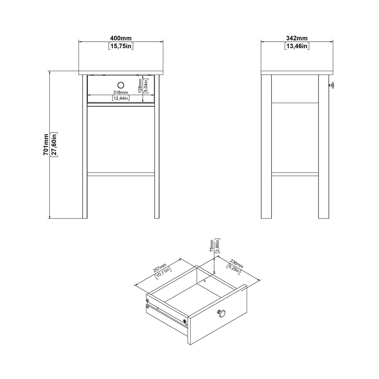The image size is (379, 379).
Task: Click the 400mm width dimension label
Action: point(121,38)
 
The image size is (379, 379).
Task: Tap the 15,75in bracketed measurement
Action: point(121,46)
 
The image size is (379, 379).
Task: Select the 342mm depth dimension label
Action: point(297,38)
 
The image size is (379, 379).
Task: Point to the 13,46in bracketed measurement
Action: point(297,46)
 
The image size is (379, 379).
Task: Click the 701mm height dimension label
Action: point(46,145)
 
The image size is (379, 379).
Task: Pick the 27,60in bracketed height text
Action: point(54,145)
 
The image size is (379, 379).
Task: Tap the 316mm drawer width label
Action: point(121,92)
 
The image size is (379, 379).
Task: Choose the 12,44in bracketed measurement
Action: point(121,98)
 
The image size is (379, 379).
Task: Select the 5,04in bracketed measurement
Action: point(146,86)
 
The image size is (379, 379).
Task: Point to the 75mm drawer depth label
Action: point(212,246)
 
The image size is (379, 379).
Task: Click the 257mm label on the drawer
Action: point(160,268)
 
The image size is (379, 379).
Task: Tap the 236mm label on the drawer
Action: point(237,264)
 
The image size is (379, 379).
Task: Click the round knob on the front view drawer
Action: point(121,85)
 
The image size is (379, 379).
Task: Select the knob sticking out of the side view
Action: point(332,85)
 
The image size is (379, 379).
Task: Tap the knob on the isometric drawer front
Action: point(221,313)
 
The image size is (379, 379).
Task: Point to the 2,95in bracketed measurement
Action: point(217,246)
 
